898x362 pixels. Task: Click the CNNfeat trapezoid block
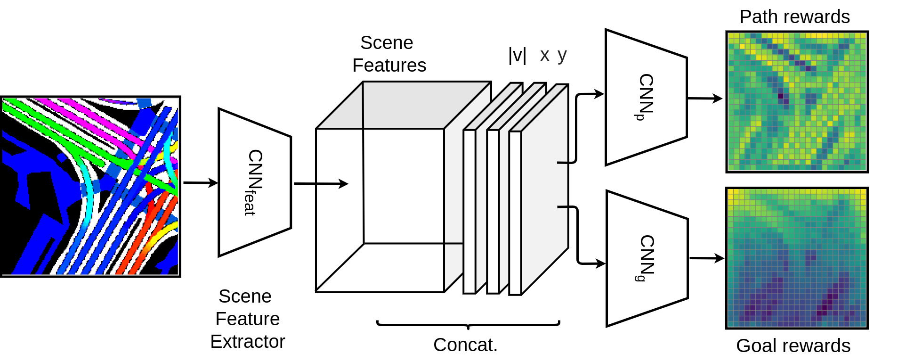pos(254,183)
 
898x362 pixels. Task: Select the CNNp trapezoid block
pos(646,98)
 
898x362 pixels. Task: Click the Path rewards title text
pos(794,17)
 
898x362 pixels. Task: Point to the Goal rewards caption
pos(793,346)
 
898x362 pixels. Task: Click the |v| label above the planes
pos(517,56)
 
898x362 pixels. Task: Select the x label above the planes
pos(545,56)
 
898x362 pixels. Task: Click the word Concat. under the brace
pos(465,345)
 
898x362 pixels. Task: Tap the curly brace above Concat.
pos(468,324)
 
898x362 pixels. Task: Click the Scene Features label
pos(388,54)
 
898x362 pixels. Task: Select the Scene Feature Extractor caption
pos(247,319)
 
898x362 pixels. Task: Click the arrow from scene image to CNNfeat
pos(200,183)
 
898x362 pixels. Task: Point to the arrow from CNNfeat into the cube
pos(320,184)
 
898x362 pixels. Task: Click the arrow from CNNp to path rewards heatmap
pos(704,99)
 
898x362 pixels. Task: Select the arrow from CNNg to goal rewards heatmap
pos(706,258)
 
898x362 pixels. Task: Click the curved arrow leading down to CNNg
pos(577,236)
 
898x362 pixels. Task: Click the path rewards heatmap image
pos(797,102)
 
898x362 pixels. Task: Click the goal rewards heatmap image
pos(797,258)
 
